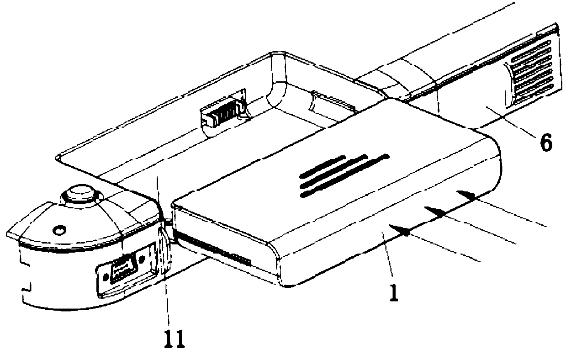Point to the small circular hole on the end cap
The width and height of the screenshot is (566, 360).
(x=58, y=230)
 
